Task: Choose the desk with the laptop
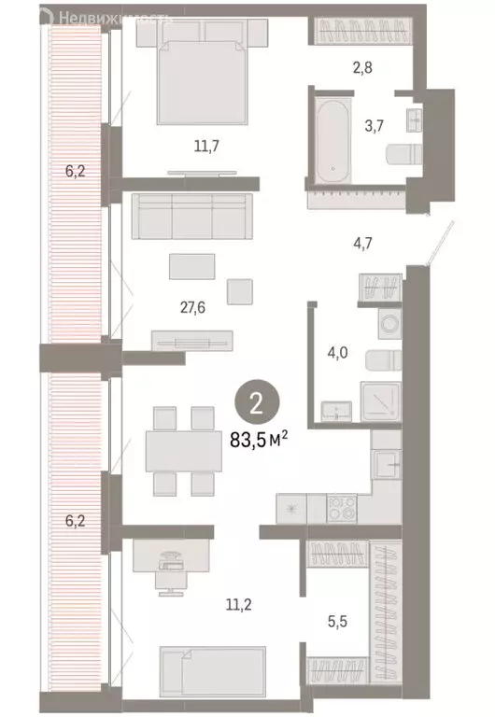(x=171, y=559)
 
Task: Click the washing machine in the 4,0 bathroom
(x=388, y=324)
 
